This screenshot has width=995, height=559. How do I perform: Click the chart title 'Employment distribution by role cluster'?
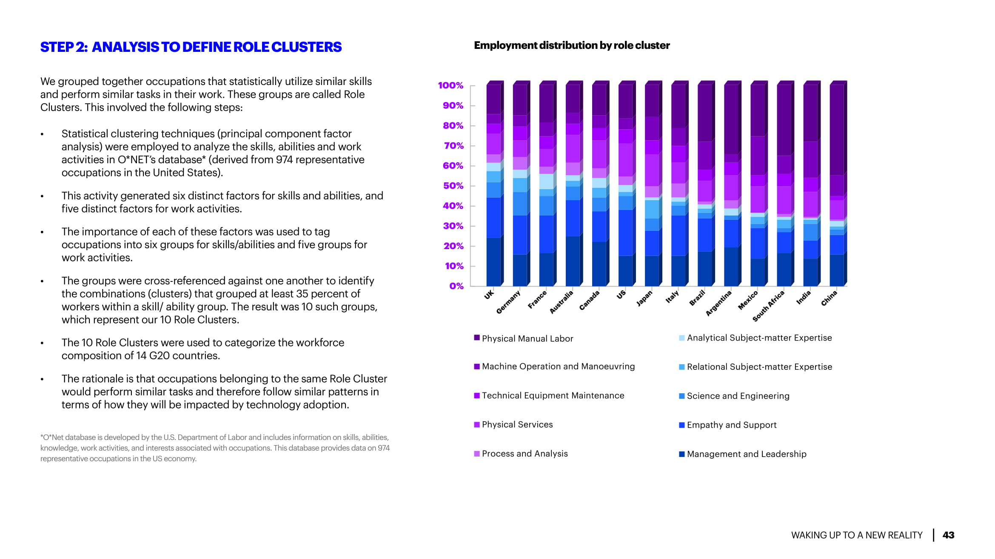point(571,45)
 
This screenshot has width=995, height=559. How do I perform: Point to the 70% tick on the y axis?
point(453,146)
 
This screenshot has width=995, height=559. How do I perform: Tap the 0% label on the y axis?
point(456,286)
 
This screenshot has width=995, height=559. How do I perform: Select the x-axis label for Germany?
point(508,302)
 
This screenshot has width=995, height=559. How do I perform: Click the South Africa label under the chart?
point(768,306)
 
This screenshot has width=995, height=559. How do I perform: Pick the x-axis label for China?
point(829,298)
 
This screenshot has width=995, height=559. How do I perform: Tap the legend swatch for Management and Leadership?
point(681,454)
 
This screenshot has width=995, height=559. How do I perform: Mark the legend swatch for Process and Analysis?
point(477,454)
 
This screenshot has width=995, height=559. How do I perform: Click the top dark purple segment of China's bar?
point(837,130)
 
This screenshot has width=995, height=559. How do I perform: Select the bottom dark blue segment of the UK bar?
point(493,262)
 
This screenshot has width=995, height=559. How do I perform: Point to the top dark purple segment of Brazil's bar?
point(704,113)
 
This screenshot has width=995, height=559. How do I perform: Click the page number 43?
point(948,535)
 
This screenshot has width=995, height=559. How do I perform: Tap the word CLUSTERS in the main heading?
point(306,47)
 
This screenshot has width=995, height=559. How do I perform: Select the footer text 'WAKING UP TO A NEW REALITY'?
point(856,535)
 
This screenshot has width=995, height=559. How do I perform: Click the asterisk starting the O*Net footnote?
point(42,437)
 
